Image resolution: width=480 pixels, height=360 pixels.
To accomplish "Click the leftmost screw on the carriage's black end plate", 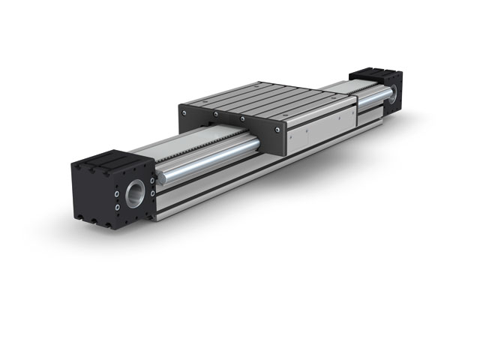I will pos(183,111).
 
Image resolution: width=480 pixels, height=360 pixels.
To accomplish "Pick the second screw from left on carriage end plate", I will pos(214,113).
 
